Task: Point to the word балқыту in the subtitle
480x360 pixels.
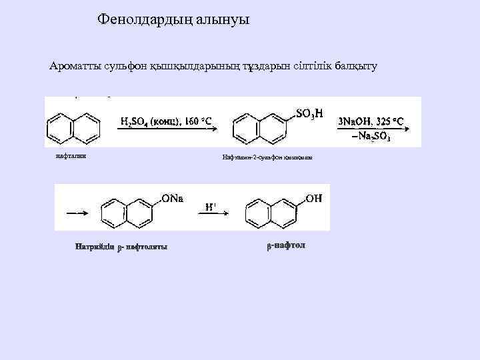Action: (x=351, y=66)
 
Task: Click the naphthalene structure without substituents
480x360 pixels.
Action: (x=74, y=125)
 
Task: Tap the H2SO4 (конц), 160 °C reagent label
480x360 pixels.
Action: (x=166, y=121)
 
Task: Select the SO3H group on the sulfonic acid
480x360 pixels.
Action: (x=309, y=113)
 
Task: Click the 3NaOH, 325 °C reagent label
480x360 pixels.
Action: (x=371, y=121)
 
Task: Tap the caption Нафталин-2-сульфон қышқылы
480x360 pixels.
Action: (x=262, y=159)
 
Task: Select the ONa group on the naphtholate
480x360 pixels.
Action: (x=171, y=199)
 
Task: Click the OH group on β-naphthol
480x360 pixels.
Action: (x=313, y=198)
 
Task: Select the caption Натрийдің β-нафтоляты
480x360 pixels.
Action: (x=121, y=248)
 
